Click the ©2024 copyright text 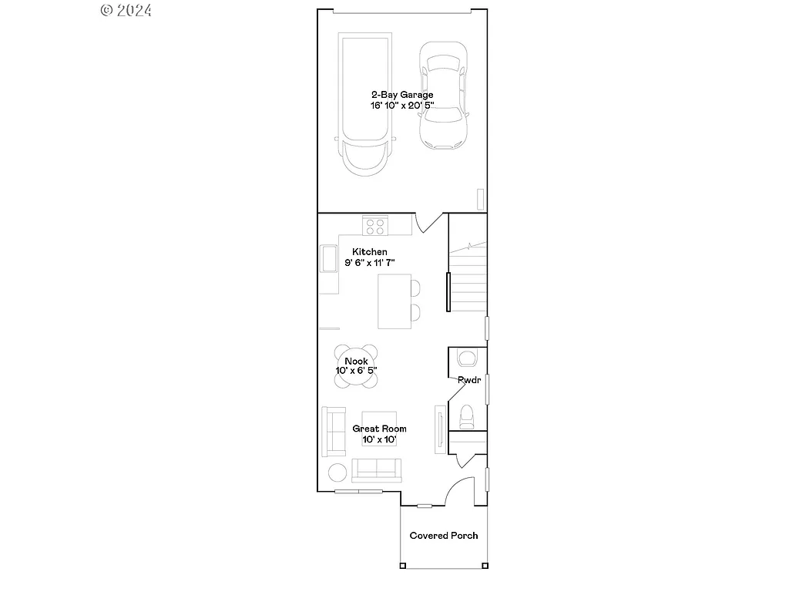tap(126, 10)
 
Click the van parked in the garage tap(365, 104)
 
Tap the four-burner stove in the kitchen tap(375, 226)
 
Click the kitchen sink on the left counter tap(328, 258)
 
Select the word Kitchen tap(370, 252)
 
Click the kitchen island tap(393, 301)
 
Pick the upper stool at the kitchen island tap(415, 288)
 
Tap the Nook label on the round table tap(356, 361)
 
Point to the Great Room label tap(379, 429)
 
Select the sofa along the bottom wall tap(377, 468)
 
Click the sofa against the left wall tap(334, 429)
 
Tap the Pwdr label tap(468, 380)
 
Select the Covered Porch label tap(443, 536)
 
